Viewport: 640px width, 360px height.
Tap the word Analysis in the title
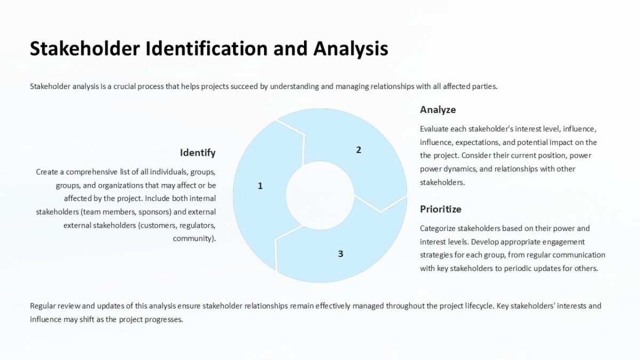click(x=350, y=49)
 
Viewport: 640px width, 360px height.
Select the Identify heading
click(x=197, y=153)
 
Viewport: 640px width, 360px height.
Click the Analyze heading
click(x=438, y=110)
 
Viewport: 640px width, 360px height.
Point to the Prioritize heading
click(x=441, y=209)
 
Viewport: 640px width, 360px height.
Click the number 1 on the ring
click(x=260, y=186)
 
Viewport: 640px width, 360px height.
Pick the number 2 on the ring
click(x=358, y=150)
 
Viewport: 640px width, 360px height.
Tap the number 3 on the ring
click(x=340, y=254)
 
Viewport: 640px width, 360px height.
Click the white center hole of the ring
click(x=319, y=195)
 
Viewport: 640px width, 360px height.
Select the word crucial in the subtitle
click(x=125, y=86)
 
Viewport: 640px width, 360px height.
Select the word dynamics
click(x=464, y=169)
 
